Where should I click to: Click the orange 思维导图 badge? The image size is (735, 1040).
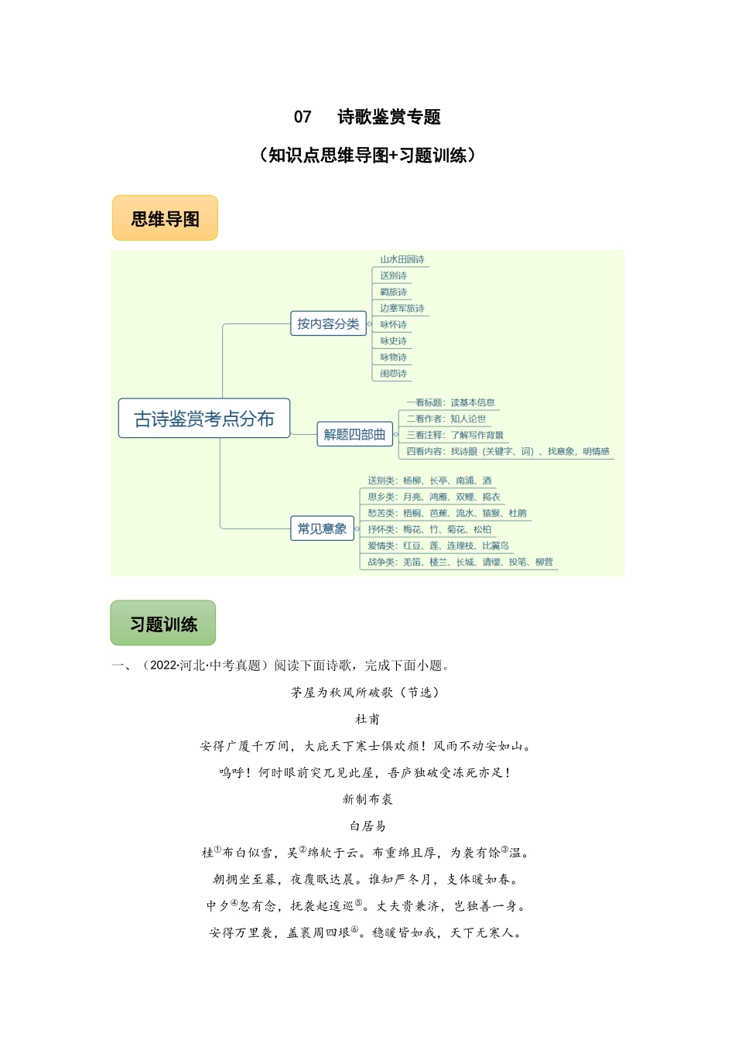[165, 219]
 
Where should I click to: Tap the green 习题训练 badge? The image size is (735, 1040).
[163, 624]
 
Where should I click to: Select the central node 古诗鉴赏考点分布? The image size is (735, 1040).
[204, 419]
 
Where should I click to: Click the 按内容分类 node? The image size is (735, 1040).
[328, 323]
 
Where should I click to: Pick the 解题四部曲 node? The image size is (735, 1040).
[354, 434]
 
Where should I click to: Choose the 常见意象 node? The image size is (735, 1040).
[322, 529]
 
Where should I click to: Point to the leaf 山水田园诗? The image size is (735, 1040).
[402, 259]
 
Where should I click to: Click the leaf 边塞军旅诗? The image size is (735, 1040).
[402, 308]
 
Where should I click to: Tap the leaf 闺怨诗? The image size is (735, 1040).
[393, 374]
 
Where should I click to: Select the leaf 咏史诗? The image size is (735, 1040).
[393, 340]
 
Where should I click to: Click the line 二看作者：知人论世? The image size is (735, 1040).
[446, 419]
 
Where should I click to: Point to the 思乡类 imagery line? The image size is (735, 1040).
[433, 497]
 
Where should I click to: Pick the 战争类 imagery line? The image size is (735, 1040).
[460, 562]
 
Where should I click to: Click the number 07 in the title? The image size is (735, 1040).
[303, 117]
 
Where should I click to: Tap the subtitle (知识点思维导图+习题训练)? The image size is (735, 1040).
[367, 156]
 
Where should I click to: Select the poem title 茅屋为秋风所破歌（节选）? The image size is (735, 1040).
[367, 693]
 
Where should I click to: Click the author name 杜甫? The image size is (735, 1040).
[367, 719]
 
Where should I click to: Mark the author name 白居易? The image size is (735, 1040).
[367, 826]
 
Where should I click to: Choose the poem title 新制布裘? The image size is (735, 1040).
[367, 799]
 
